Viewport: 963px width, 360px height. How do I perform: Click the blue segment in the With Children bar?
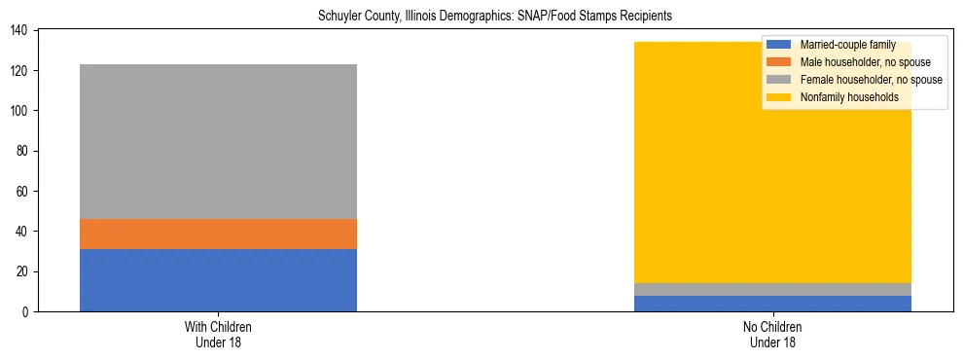pos(218,280)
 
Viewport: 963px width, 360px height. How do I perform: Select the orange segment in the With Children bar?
pos(218,234)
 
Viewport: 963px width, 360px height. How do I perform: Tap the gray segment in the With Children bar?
pos(218,141)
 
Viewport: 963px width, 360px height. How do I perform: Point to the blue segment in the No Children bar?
pos(772,304)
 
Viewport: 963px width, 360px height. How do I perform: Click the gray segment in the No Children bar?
pos(772,289)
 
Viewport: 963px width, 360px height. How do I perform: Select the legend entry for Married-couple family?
pos(847,45)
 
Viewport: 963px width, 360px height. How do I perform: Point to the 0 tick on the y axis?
pos(27,312)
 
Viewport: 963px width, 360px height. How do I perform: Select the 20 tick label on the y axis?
pos(24,271)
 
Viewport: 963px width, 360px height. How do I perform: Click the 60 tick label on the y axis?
pos(24,192)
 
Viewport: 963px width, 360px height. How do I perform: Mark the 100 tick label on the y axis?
pos(21,111)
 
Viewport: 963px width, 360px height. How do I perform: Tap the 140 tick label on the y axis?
pos(21,31)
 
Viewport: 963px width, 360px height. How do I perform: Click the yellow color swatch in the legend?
pos(779,97)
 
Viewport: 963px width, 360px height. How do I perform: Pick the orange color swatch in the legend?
pos(779,62)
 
